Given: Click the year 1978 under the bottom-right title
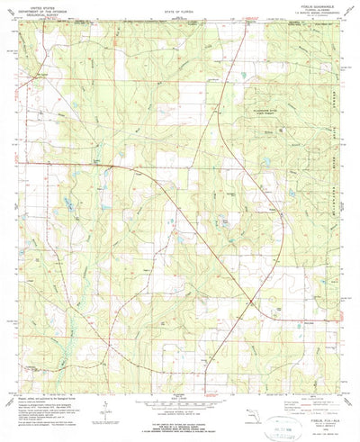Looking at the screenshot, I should click(310, 411).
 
